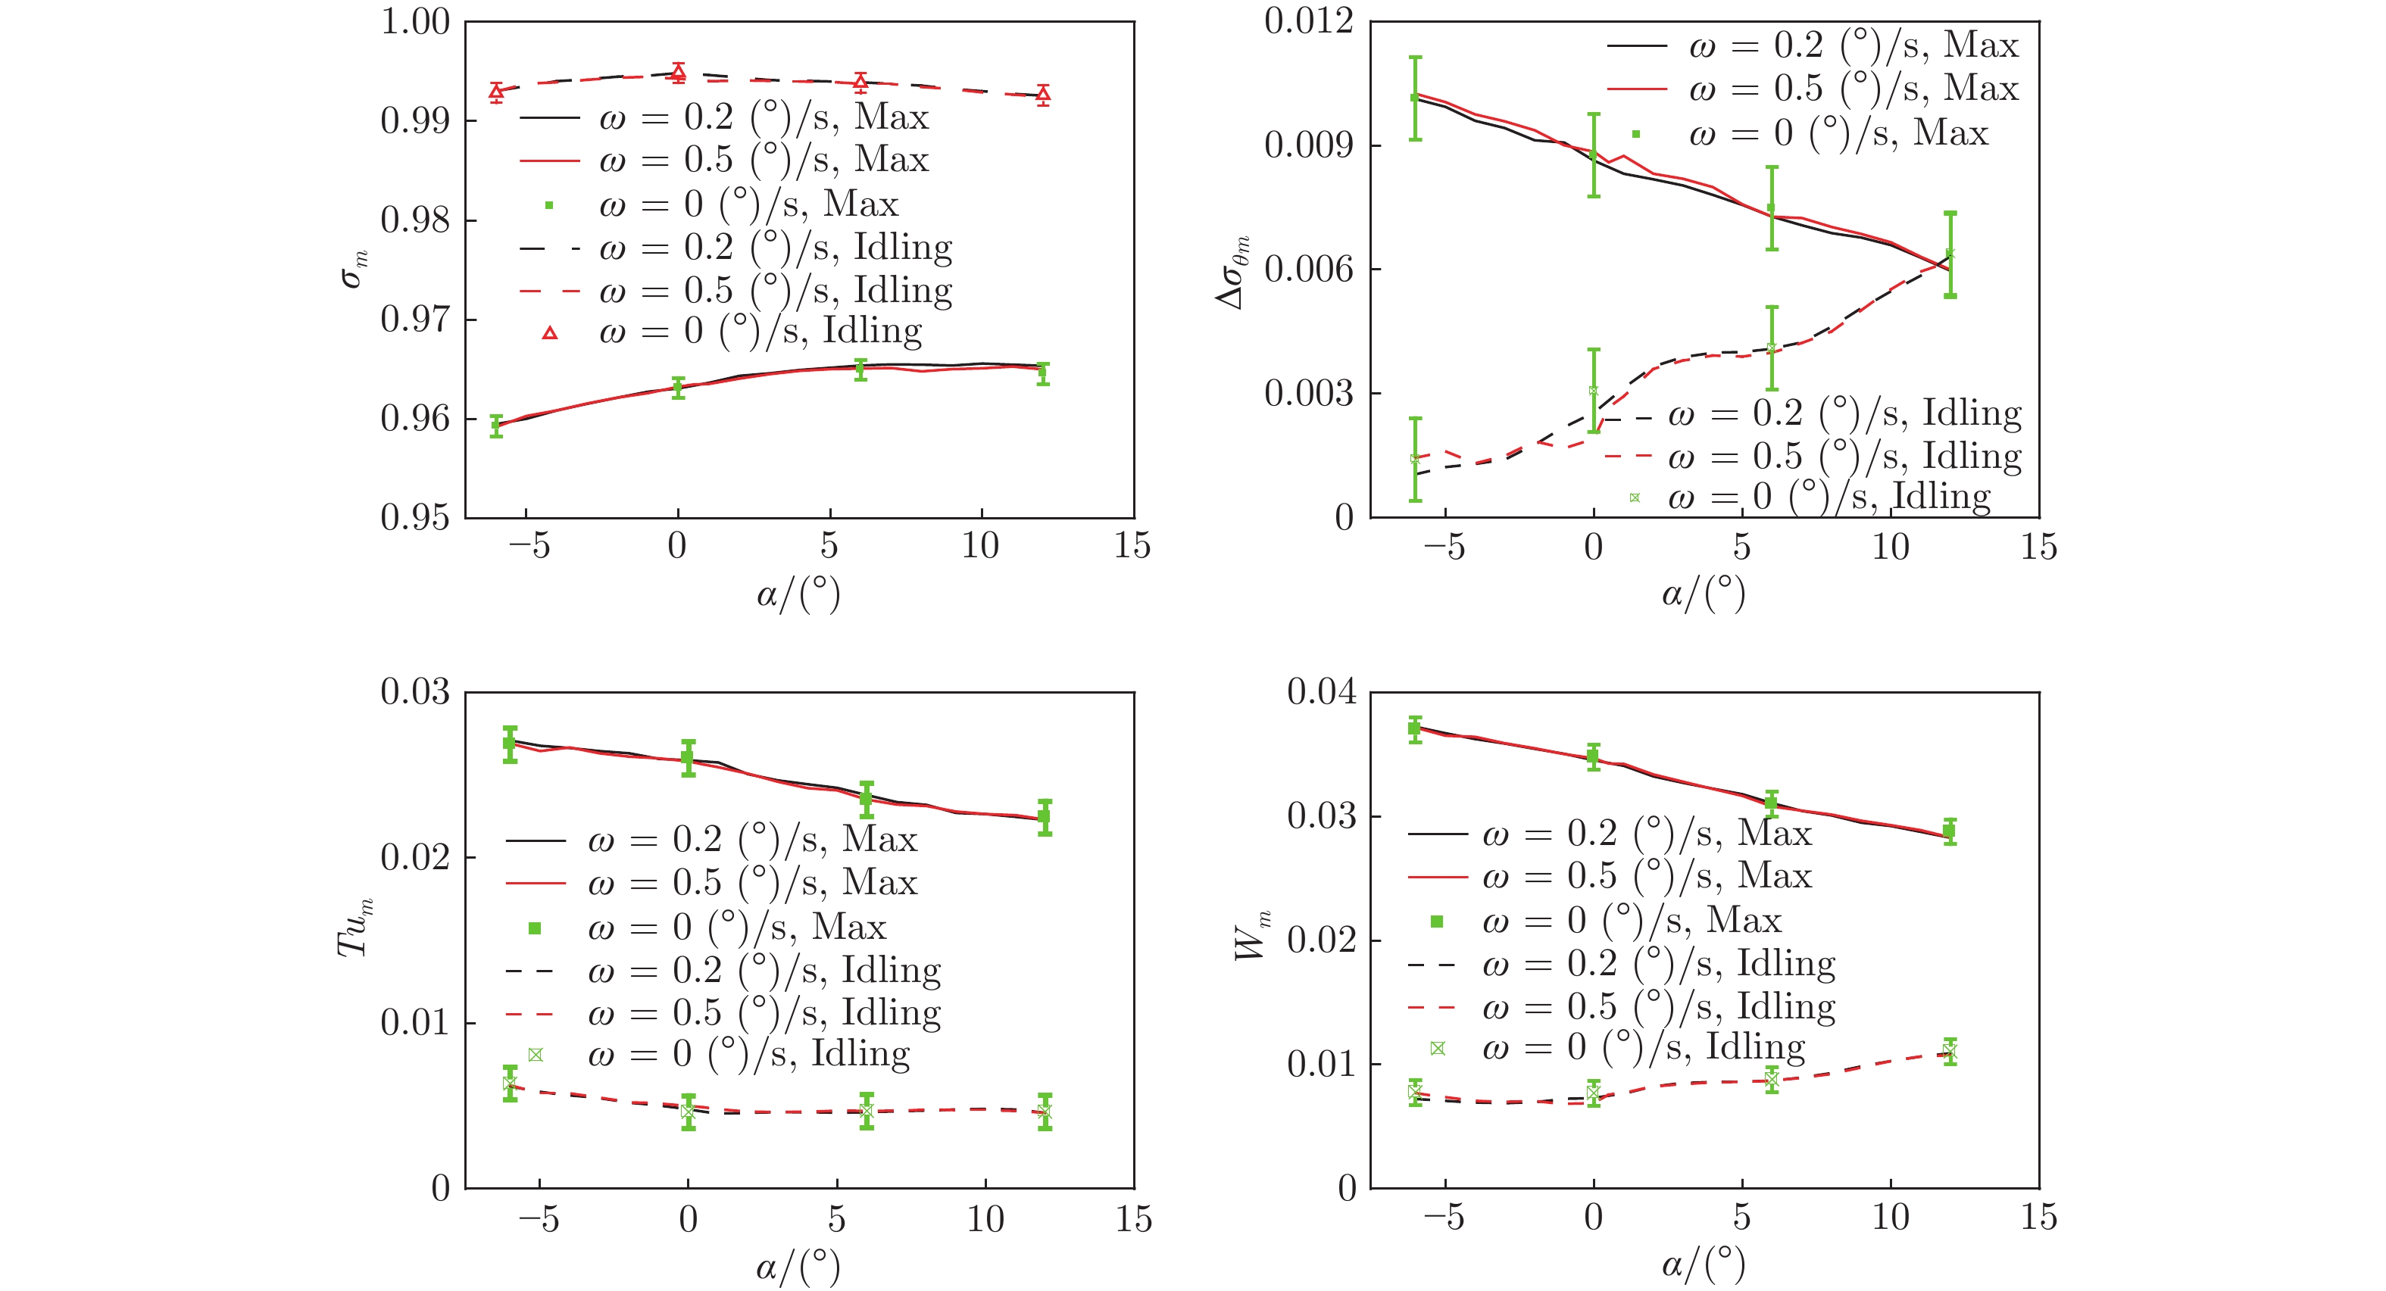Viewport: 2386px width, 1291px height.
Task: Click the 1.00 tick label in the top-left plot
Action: coord(415,21)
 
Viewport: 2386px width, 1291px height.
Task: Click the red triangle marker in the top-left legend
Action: coord(550,332)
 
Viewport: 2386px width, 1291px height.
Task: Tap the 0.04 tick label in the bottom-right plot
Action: coord(1321,692)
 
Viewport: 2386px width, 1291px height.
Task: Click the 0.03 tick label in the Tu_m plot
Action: coord(415,692)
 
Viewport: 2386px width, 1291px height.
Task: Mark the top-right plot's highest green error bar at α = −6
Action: coord(1415,97)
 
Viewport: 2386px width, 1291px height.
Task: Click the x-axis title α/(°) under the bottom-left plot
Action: coord(798,1265)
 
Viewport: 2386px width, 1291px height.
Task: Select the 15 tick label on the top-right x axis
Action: coord(2038,547)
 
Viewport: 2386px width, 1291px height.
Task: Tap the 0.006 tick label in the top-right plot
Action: coord(1308,270)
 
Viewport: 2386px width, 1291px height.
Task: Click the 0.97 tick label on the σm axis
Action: coord(415,320)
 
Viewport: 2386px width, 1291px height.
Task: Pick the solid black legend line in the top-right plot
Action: coord(1636,45)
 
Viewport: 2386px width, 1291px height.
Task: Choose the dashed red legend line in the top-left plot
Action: coord(550,292)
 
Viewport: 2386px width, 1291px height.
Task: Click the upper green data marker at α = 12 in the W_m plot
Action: coord(1950,831)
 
